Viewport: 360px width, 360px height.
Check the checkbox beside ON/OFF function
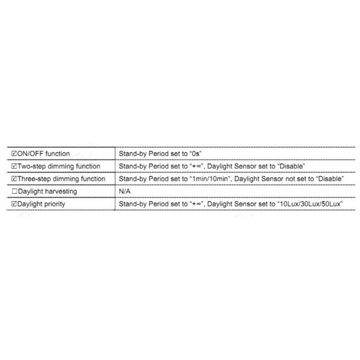pyautogui.click(x=14, y=154)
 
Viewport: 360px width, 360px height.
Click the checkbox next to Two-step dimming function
pyautogui.click(x=14, y=166)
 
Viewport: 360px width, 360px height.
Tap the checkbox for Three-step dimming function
pyautogui.click(x=14, y=179)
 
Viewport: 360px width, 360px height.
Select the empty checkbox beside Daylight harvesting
pyautogui.click(x=14, y=191)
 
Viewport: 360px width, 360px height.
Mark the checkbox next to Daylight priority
pyautogui.click(x=14, y=204)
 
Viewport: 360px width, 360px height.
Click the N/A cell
pyautogui.click(x=125, y=191)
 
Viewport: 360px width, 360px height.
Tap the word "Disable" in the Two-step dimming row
pyautogui.click(x=292, y=166)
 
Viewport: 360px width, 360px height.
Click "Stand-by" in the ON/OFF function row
pyautogui.click(x=133, y=154)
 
